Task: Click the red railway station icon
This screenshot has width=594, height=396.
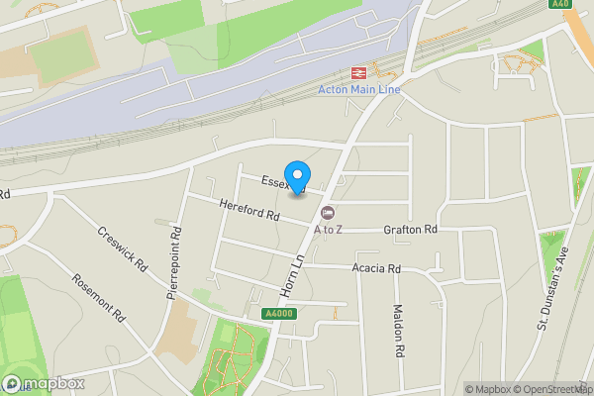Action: (356, 73)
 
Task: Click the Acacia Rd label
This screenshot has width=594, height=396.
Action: (375, 268)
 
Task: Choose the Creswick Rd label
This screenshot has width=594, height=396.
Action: (122, 251)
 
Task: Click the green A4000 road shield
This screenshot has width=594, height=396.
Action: (280, 314)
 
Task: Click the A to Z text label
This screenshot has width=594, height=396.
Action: (329, 230)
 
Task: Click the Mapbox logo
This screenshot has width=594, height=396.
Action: (43, 383)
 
